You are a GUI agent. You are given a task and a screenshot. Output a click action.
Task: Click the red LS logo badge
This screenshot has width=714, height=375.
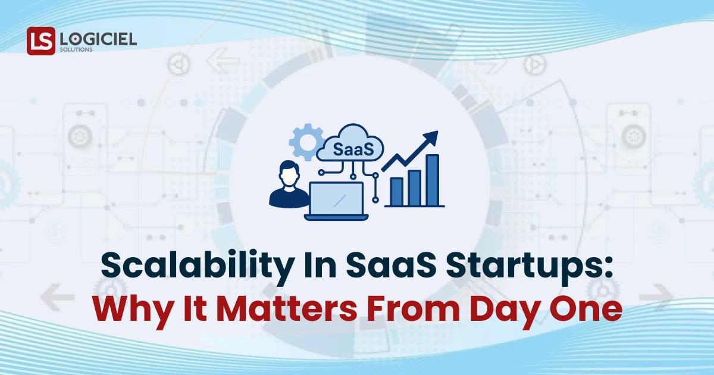click(x=40, y=41)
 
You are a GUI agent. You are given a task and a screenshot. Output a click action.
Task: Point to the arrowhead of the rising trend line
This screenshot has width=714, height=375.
click(x=433, y=137)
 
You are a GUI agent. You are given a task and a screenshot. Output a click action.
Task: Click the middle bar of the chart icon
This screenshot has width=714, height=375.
click(x=414, y=186)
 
